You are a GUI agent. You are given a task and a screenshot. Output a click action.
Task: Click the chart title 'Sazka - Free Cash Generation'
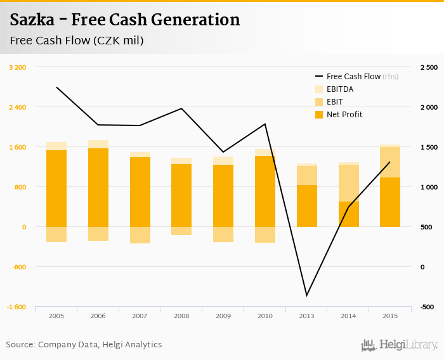click(x=125, y=20)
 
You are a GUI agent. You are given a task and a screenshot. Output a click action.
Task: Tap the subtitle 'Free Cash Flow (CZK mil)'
click(x=77, y=41)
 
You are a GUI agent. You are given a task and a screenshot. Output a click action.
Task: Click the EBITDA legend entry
click(x=339, y=89)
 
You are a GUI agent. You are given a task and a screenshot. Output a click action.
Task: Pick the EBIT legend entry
click(x=335, y=102)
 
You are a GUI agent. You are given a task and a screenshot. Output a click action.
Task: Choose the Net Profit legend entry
click(x=344, y=115)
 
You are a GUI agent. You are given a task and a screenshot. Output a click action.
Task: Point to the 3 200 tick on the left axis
click(x=17, y=67)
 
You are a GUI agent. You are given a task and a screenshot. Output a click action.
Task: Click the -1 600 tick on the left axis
click(x=16, y=307)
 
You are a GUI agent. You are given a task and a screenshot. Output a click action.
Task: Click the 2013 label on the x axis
click(x=306, y=316)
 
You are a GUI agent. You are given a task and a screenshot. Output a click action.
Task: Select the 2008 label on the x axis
click(x=181, y=316)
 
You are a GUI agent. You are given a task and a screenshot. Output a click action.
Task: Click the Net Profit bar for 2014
click(x=348, y=214)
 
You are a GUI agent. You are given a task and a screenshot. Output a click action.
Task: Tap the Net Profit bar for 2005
click(x=56, y=188)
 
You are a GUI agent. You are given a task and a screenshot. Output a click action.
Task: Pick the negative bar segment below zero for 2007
click(x=140, y=235)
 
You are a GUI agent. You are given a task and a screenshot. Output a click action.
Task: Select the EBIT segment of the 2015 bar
click(x=389, y=162)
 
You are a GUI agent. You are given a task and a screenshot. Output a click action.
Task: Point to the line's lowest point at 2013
click(x=306, y=295)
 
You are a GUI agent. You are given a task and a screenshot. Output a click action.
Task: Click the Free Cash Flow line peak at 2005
click(x=56, y=87)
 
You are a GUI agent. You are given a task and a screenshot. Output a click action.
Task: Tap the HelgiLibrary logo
click(x=400, y=345)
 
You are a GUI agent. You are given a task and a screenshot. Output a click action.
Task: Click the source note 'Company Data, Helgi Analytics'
click(x=100, y=345)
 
